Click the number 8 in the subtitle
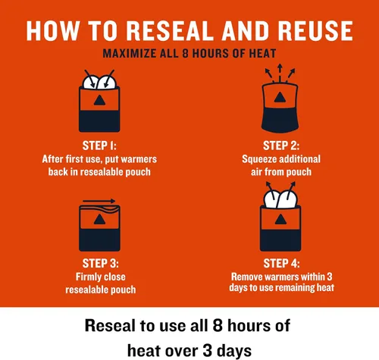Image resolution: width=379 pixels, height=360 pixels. point(186,54)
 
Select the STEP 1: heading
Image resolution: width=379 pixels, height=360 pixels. point(99,146)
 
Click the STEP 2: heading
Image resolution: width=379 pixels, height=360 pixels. point(281,146)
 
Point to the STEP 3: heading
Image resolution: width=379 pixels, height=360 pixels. point(100,264)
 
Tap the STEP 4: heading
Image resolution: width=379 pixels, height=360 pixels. point(281,264)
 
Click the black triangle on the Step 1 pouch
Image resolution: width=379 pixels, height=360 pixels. point(99,100)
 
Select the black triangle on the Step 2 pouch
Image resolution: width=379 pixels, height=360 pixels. point(280,97)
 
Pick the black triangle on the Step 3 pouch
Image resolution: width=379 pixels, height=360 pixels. point(99,219)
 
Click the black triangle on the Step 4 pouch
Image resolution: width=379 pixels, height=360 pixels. point(280,219)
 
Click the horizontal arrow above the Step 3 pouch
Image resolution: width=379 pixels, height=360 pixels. point(99,201)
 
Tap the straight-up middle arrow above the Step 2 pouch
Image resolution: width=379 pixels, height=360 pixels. point(280,73)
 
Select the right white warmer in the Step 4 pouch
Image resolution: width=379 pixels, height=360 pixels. point(288,199)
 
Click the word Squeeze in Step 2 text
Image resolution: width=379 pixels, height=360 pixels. point(259,159)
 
